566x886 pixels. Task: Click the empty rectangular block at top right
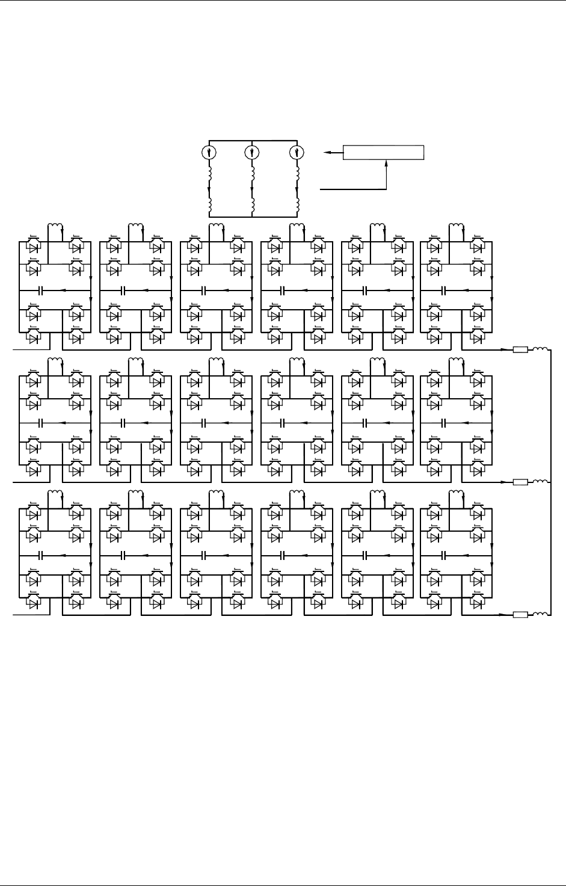[383, 153]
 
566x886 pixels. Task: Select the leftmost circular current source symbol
[208, 152]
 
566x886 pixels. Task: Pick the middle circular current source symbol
[251, 152]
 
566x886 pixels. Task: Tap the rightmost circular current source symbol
[295, 152]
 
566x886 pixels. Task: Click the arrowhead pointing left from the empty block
[326, 153]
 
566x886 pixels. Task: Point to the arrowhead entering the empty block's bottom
[384, 163]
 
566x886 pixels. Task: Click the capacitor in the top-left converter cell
[41, 291]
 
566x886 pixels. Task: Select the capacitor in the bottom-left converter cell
[41, 555]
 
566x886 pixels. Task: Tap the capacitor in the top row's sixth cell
[444, 291]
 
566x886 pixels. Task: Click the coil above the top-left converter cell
[56, 227]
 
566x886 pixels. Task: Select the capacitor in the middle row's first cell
[41, 423]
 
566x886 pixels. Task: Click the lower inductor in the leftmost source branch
[209, 206]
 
